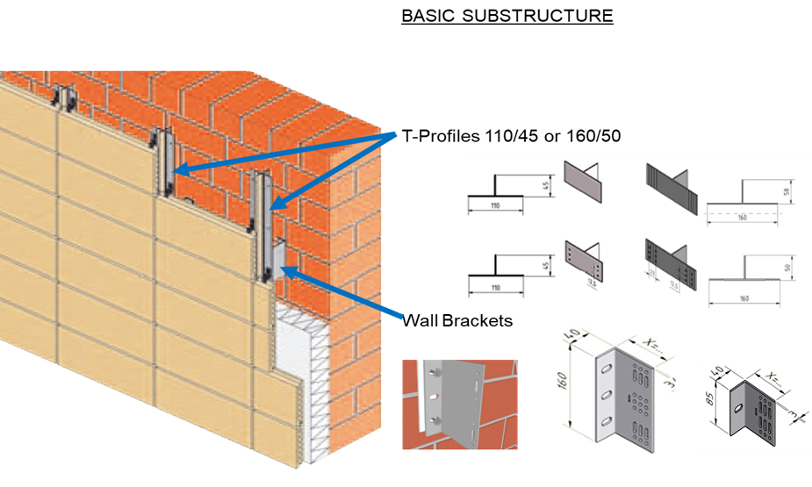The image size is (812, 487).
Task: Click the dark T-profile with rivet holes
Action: click(x=669, y=259)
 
